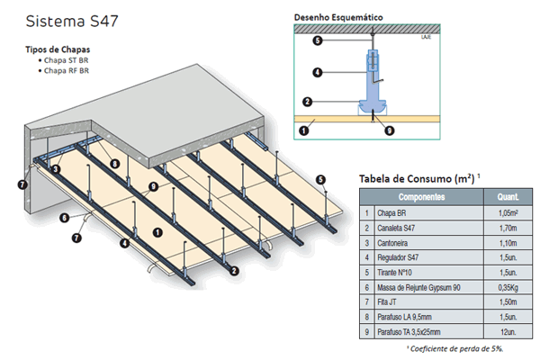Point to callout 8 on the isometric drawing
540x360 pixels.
[115, 163]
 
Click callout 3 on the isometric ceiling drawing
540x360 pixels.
[56, 168]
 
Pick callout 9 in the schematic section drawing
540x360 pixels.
[388, 130]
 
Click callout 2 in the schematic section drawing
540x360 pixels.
[307, 102]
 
